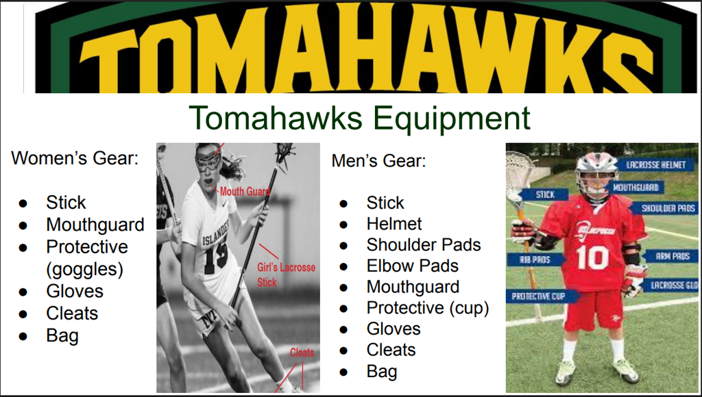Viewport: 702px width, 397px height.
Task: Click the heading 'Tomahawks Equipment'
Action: coord(359,118)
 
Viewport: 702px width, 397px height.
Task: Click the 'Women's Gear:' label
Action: coord(75,158)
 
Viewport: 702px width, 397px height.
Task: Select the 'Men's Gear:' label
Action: coord(378,160)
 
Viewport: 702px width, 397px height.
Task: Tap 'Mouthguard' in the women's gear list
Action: coord(95,225)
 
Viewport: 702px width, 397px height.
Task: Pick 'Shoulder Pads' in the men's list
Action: coord(424,245)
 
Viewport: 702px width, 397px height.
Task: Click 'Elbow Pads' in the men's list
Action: coord(412,266)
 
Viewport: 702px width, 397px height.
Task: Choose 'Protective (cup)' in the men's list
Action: coord(428,308)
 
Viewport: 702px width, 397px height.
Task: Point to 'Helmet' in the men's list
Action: coord(394,224)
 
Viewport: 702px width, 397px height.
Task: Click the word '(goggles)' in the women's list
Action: coord(84,270)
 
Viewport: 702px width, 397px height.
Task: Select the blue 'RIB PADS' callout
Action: coord(534,259)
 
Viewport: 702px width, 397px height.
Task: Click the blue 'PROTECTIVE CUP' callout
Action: coord(542,296)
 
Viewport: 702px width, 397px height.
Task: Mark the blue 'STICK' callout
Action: coord(544,194)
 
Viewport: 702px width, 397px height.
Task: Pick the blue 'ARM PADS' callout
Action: coord(670,256)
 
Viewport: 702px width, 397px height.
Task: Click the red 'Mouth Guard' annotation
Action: coord(245,192)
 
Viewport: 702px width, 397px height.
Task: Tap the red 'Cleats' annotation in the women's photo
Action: coord(302,353)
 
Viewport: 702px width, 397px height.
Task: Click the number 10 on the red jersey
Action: coord(593,257)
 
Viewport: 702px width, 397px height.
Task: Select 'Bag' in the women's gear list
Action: coord(62,336)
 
